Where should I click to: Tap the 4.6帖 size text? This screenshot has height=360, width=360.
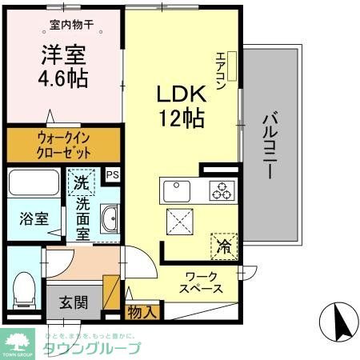[x=65, y=80]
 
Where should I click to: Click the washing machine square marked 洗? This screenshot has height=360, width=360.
[x=80, y=184]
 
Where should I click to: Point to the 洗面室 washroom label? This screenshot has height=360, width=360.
[x=82, y=218]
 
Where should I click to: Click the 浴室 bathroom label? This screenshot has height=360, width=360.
[x=26, y=218]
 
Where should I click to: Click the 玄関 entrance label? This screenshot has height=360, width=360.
[x=73, y=303]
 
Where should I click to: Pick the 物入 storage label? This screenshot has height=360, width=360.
[x=142, y=311]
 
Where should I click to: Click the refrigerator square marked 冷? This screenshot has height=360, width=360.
[x=223, y=245]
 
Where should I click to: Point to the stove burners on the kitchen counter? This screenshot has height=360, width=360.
[x=221, y=190]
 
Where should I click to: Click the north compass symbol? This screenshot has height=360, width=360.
[x=336, y=324]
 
